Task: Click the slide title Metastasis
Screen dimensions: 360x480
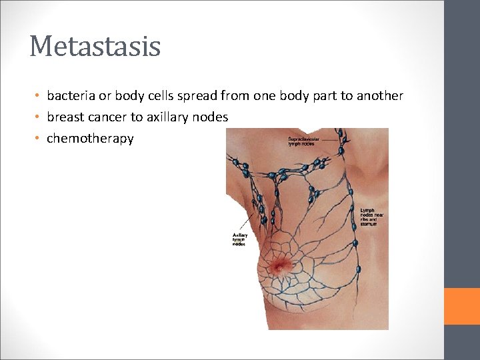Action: [95, 47]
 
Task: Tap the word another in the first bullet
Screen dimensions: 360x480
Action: [380, 95]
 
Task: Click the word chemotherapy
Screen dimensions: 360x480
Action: [90, 139]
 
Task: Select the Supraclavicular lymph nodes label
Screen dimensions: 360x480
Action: [303, 141]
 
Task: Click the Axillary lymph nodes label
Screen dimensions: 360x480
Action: [239, 239]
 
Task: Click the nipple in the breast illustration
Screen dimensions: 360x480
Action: [281, 266]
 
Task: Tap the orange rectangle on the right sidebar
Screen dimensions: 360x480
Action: [462, 306]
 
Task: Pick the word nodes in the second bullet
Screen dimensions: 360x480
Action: [212, 117]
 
